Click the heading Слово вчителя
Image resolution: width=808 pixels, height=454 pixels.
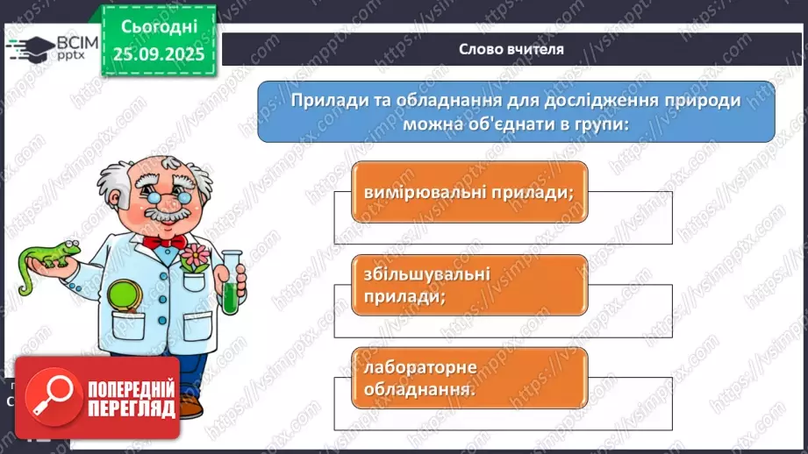pyautogui.click(x=511, y=49)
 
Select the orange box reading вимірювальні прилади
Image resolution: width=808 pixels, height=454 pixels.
pyautogui.click(x=468, y=192)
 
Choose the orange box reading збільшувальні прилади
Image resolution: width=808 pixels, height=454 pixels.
pyautogui.click(x=468, y=285)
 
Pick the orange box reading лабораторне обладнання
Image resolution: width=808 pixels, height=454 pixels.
pyautogui.click(x=468, y=378)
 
